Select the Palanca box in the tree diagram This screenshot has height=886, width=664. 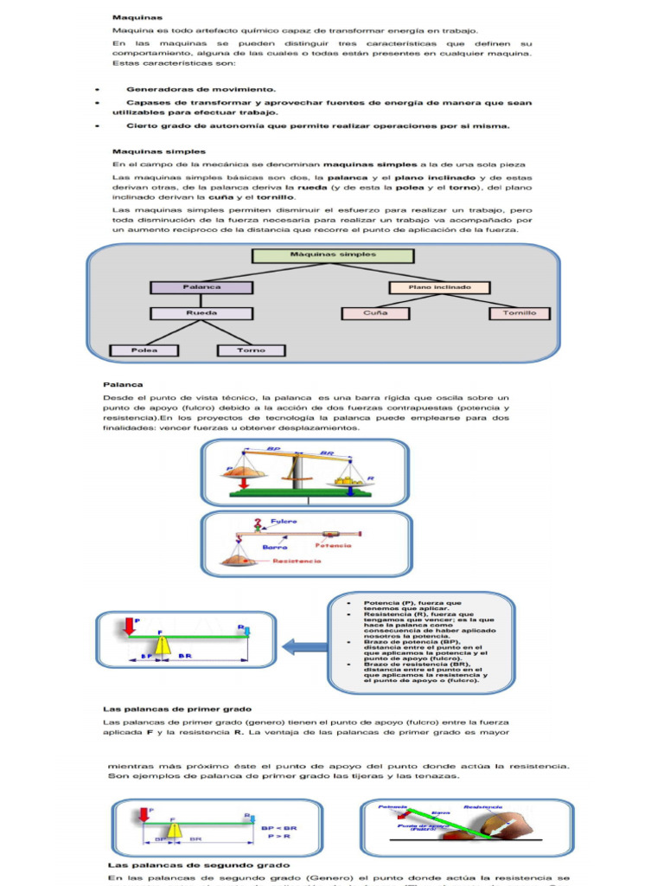pyautogui.click(x=201, y=287)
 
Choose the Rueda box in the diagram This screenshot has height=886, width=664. pyautogui.click(x=201, y=313)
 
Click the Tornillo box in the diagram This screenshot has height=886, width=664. pyautogui.click(x=519, y=313)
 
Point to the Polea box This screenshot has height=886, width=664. pyautogui.click(x=144, y=350)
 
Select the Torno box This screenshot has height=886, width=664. pyautogui.click(x=251, y=350)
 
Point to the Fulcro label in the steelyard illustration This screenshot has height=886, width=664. pyautogui.click(x=284, y=522)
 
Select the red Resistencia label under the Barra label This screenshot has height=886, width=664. pyautogui.click(x=297, y=561)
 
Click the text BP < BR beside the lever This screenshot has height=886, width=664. pyautogui.click(x=278, y=827)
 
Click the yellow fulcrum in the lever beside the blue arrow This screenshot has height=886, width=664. pyautogui.click(x=162, y=646)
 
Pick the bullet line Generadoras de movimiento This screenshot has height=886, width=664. pyautogui.click(x=201, y=89)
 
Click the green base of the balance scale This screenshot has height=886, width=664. pyautogui.click(x=303, y=491)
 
